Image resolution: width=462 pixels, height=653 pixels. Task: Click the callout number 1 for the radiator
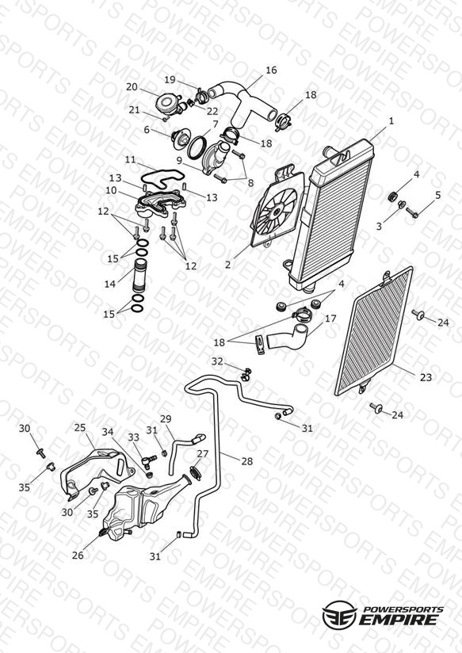[x=391, y=121]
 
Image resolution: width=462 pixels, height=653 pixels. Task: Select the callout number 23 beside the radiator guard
[x=426, y=377]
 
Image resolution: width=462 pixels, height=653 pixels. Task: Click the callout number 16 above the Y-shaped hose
[x=271, y=70]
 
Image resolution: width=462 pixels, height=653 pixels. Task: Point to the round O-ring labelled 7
[x=197, y=147]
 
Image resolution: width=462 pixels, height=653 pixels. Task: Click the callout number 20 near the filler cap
[x=132, y=87]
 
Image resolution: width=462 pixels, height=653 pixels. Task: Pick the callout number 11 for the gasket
[x=131, y=159]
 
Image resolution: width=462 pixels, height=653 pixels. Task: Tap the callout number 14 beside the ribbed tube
[x=110, y=284]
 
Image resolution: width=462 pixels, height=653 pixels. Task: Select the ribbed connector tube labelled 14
[x=139, y=276]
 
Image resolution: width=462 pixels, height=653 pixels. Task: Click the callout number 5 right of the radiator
[x=438, y=195]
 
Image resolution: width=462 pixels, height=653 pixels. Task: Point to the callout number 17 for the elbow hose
[x=330, y=319]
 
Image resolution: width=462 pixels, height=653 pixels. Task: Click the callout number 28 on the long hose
[x=247, y=461]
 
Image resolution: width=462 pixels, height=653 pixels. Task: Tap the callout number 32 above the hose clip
[x=217, y=361]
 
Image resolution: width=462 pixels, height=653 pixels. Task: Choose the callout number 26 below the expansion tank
[x=78, y=556]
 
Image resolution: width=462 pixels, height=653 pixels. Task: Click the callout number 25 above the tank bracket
[x=80, y=428]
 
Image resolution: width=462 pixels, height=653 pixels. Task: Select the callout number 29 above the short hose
[x=166, y=418]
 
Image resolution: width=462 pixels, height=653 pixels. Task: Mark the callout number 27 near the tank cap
[x=202, y=453]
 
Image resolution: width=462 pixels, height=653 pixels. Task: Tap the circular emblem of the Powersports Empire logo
[x=339, y=615]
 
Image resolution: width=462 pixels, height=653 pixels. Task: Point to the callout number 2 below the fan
[x=228, y=265]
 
